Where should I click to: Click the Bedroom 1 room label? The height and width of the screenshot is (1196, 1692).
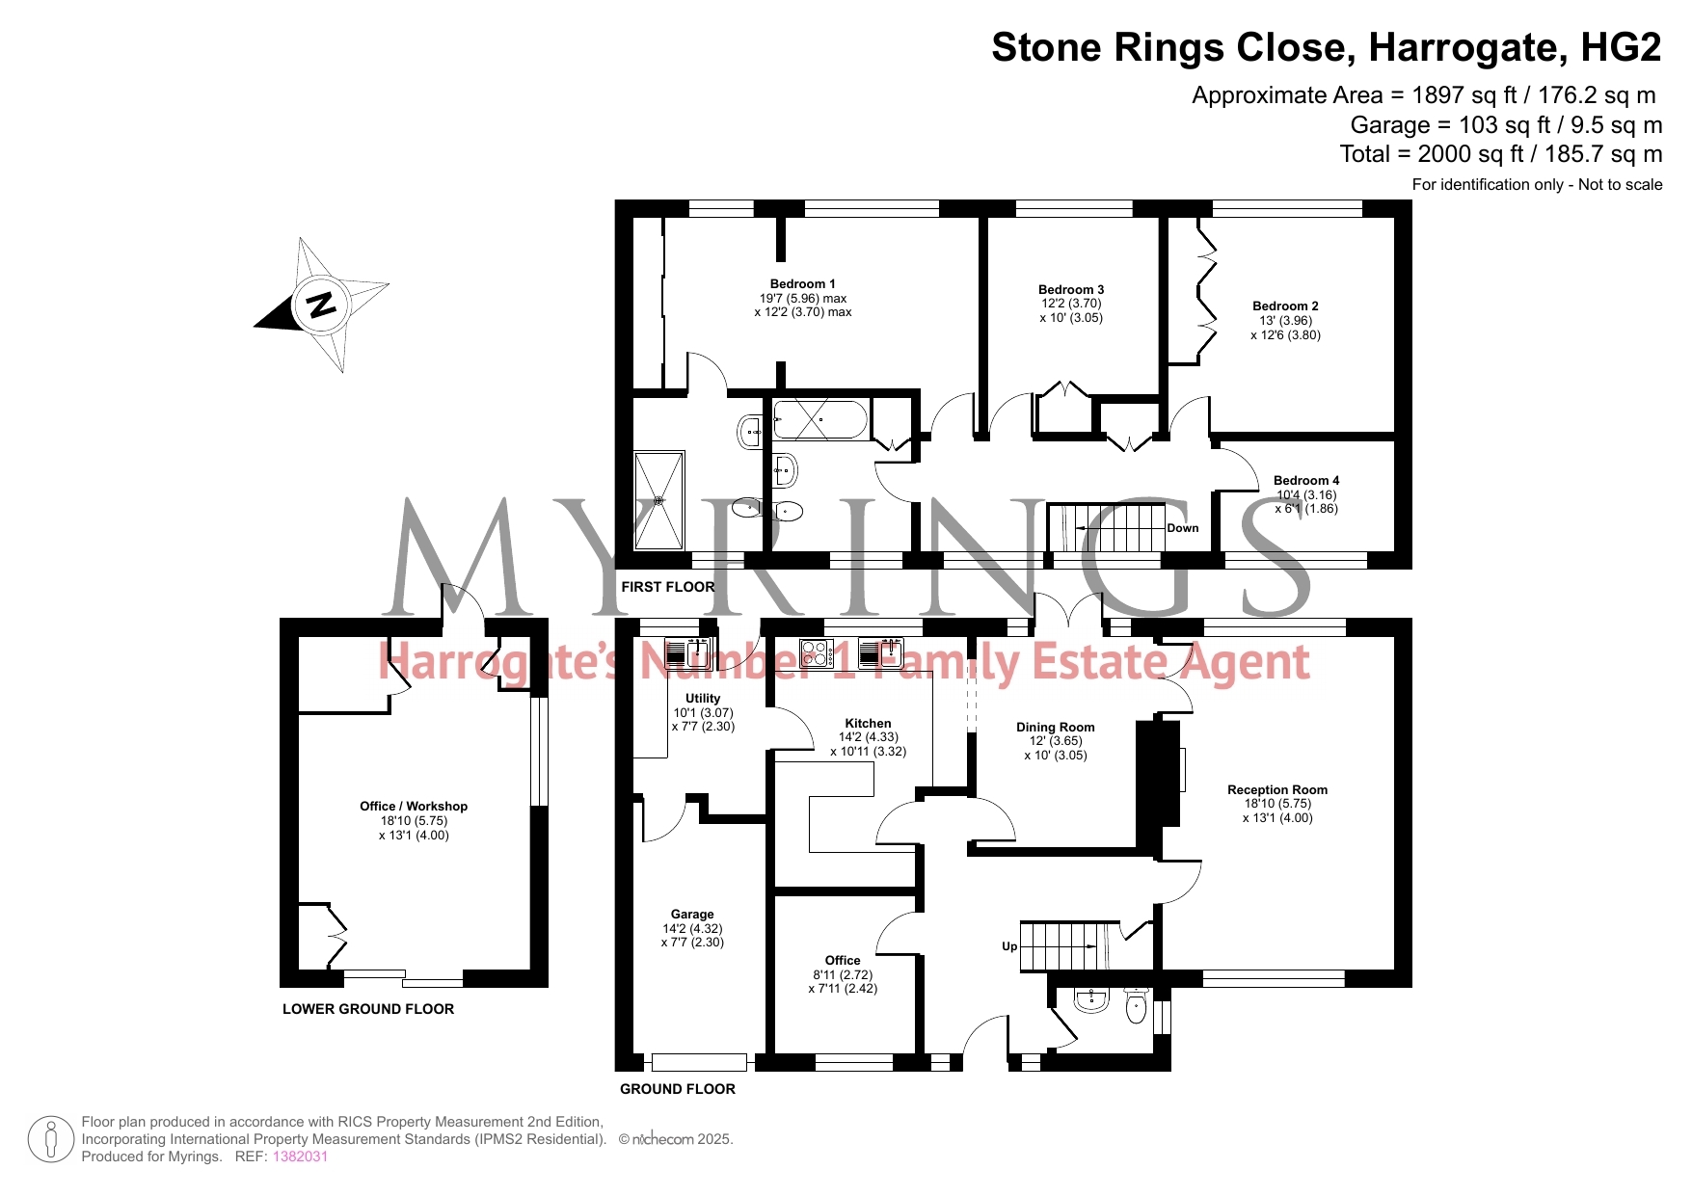pyautogui.click(x=802, y=284)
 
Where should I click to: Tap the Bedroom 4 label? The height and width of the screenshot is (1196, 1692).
pyautogui.click(x=1306, y=481)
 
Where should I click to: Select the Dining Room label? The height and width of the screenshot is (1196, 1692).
pyautogui.click(x=1056, y=728)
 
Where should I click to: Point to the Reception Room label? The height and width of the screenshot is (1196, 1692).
pyautogui.click(x=1277, y=790)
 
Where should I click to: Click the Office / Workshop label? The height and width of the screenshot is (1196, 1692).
pyautogui.click(x=414, y=807)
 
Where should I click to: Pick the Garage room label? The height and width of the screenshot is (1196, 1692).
pyautogui.click(x=692, y=915)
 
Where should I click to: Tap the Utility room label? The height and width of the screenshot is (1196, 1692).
pyautogui.click(x=703, y=699)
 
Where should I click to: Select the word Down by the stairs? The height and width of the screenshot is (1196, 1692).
pyautogui.click(x=1183, y=528)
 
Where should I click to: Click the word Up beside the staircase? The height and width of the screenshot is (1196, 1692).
pyautogui.click(x=1009, y=946)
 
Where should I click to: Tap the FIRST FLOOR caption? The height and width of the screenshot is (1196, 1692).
pyautogui.click(x=668, y=587)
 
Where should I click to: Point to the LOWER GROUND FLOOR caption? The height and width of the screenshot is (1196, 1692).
pyautogui.click(x=368, y=1009)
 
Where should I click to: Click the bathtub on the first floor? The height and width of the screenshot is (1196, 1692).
pyautogui.click(x=820, y=419)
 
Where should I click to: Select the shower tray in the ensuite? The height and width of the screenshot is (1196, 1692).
pyautogui.click(x=659, y=500)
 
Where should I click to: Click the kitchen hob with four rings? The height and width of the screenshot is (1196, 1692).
pyautogui.click(x=817, y=653)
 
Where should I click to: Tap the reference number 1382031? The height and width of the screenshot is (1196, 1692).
pyautogui.click(x=301, y=1156)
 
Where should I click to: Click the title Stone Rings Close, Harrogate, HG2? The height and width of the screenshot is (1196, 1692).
pyautogui.click(x=1327, y=47)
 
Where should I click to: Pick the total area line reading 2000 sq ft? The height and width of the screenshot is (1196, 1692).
pyautogui.click(x=1501, y=154)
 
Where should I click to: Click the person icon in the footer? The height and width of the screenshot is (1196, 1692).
pyautogui.click(x=51, y=1139)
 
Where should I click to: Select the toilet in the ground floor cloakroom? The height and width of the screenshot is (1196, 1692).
pyautogui.click(x=1138, y=1007)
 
